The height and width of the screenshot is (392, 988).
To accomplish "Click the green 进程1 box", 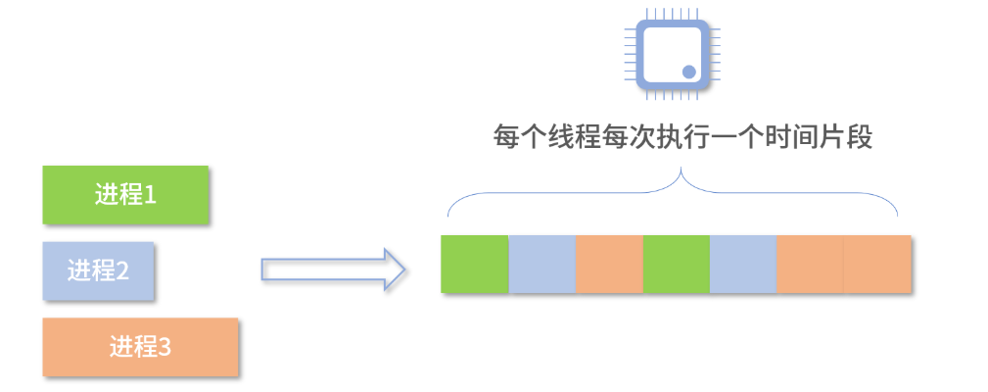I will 125,195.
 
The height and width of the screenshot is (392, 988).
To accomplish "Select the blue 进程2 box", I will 98,269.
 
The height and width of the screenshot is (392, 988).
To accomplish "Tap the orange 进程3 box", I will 141,346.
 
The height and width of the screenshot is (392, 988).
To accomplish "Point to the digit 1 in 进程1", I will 151,195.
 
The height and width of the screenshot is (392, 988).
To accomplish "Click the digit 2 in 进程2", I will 123,269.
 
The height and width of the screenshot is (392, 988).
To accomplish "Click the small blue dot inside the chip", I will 688,72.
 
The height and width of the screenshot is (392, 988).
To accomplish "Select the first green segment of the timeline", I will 475,265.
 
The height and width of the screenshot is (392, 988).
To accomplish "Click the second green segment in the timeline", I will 677,265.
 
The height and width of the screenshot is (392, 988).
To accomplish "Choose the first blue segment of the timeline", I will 542,265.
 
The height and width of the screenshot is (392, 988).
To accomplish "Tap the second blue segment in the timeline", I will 743,265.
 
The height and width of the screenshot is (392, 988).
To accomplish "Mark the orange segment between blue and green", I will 609,265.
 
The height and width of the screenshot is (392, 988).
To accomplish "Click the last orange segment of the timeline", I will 877,265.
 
